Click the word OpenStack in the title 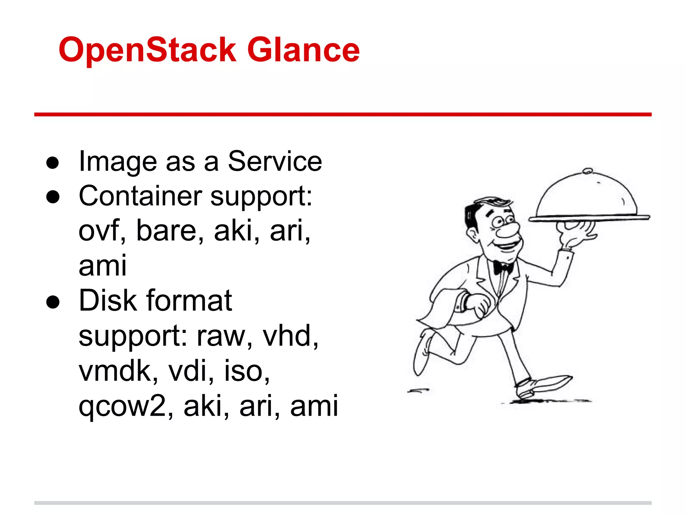click(x=147, y=50)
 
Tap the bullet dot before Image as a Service click(x=53, y=163)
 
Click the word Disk click(x=108, y=300)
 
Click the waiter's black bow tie click(x=502, y=268)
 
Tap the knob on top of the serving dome click(x=588, y=171)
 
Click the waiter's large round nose click(x=508, y=231)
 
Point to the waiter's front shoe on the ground click(x=543, y=386)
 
